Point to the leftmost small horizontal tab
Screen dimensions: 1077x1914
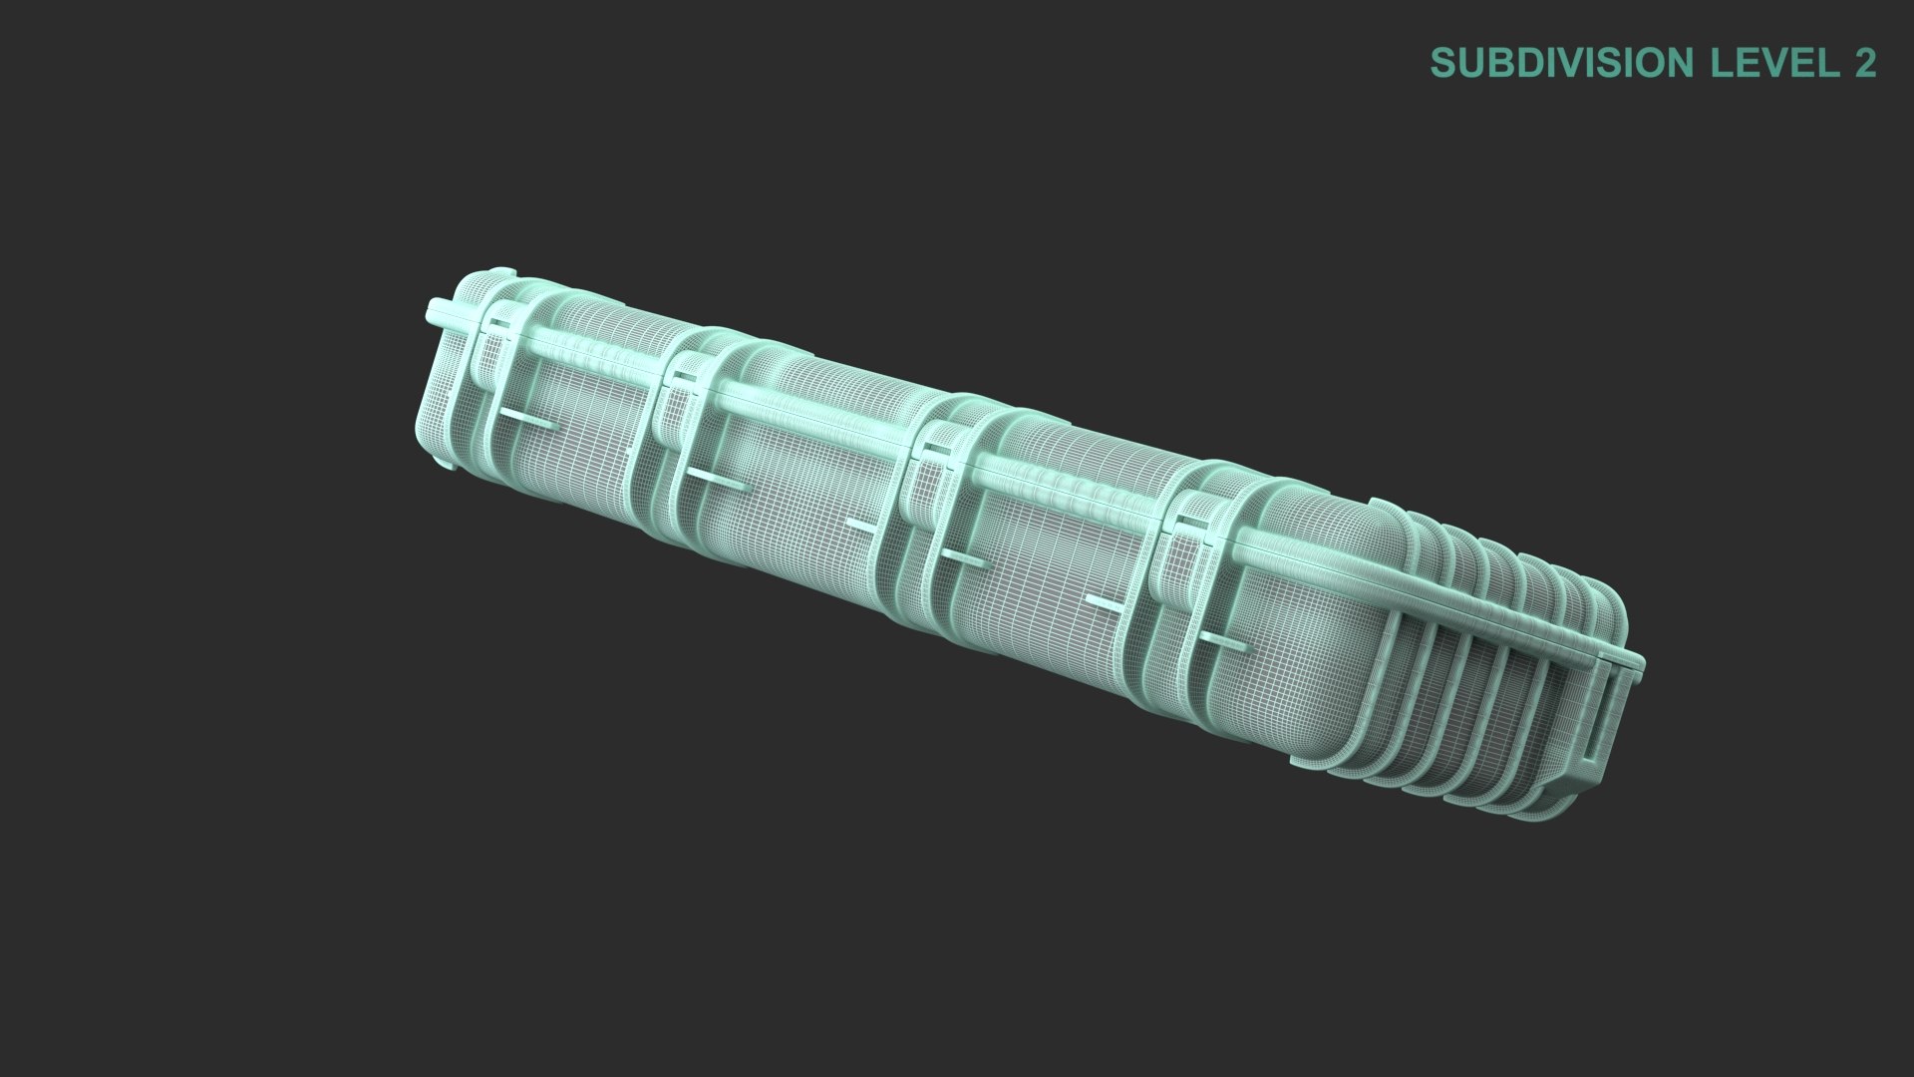point(528,419)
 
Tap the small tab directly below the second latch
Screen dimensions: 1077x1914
point(714,483)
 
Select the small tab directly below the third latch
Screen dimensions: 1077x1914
point(962,558)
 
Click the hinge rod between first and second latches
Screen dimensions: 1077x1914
point(588,349)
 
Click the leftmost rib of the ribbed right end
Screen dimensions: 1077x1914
point(1396,638)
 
